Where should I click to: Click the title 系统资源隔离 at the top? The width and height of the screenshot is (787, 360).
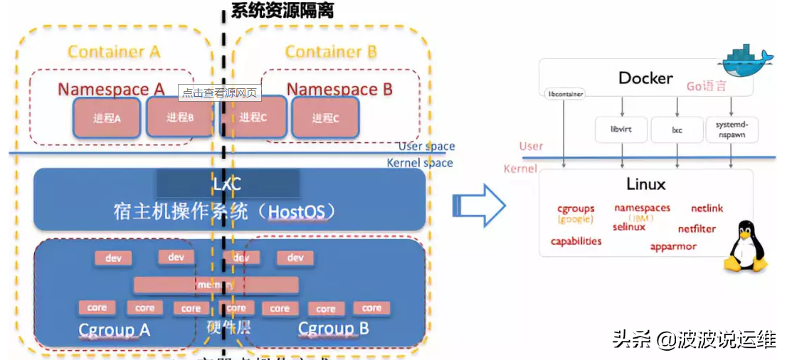pyautogui.click(x=282, y=10)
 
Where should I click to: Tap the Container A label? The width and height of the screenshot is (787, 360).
pyautogui.click(x=114, y=52)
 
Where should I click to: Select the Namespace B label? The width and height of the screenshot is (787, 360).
pyautogui.click(x=339, y=90)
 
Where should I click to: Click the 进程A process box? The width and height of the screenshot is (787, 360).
pyautogui.click(x=107, y=118)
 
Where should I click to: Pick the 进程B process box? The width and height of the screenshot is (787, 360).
pyautogui.click(x=180, y=117)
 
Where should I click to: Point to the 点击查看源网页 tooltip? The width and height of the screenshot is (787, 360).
pyautogui.click(x=219, y=92)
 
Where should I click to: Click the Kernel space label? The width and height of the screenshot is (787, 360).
pyautogui.click(x=419, y=163)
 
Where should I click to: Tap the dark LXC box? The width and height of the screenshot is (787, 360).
pyautogui.click(x=228, y=184)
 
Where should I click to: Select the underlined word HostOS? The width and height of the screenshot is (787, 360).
pyautogui.click(x=298, y=213)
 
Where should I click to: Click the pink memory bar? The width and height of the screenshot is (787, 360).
pyautogui.click(x=216, y=285)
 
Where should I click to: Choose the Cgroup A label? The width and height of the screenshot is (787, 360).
pyautogui.click(x=115, y=330)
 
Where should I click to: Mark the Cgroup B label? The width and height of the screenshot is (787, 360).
pyautogui.click(x=333, y=329)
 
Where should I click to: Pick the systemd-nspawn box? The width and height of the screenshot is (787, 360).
pyautogui.click(x=730, y=129)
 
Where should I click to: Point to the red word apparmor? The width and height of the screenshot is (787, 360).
pyautogui.click(x=673, y=247)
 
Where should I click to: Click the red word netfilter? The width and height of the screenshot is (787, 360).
pyautogui.click(x=697, y=229)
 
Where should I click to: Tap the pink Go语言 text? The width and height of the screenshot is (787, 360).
pyautogui.click(x=706, y=86)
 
